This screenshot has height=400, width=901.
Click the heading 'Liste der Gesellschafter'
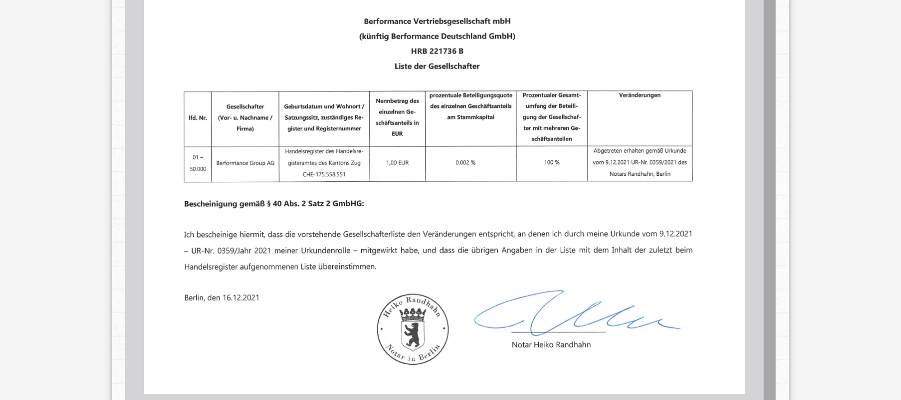pos(437,66)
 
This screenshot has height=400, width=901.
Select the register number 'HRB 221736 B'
pos(437,51)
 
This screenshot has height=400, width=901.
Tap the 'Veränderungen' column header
pos(639,95)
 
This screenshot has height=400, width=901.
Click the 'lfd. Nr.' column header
pos(198,118)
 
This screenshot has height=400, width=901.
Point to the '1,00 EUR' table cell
pos(397,163)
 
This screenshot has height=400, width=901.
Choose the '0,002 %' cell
pos(465,163)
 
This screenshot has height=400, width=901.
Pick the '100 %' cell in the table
pos(551,163)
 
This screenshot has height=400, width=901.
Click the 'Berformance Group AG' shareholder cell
pos(245,163)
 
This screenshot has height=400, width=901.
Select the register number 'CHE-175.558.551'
pos(324,174)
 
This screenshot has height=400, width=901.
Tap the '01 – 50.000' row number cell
pos(198,163)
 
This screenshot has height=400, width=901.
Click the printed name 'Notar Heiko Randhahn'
pos(551,345)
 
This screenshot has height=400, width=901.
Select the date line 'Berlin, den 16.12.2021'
pos(222,298)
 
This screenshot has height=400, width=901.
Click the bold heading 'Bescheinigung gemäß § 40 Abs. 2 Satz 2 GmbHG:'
pos(274,204)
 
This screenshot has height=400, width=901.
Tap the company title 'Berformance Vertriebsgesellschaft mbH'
pos(437,21)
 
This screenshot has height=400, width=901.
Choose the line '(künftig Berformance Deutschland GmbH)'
pos(437,36)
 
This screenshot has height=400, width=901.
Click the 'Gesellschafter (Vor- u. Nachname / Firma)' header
pos(245,118)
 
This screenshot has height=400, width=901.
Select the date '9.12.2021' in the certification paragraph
pos(676,234)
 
